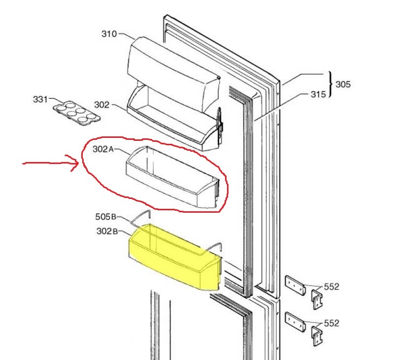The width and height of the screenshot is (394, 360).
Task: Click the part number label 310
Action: (109, 34)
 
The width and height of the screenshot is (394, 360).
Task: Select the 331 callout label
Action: (40, 99)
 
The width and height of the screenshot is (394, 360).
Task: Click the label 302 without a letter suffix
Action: (101, 105)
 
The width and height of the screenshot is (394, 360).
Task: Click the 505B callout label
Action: (105, 216)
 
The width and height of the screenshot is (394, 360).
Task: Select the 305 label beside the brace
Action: (343, 84)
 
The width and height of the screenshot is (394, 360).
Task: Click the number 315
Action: (318, 94)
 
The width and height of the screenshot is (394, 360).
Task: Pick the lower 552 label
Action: (331, 323)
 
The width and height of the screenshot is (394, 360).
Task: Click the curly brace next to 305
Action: (330, 85)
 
